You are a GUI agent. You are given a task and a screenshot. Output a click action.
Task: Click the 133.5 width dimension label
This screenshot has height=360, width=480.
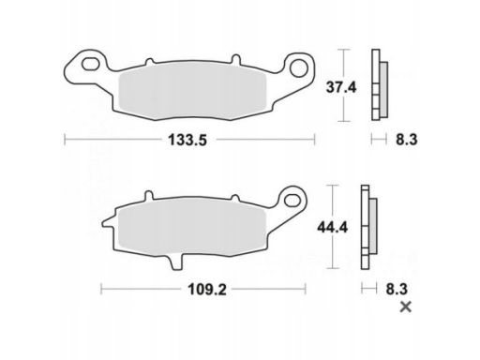click(187, 140)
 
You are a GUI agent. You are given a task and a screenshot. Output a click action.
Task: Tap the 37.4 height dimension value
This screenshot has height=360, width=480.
click(341, 87)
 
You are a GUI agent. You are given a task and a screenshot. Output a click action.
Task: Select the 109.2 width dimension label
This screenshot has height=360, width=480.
click(207, 290)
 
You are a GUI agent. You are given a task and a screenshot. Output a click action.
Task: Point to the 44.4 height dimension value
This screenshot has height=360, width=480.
click(332, 227)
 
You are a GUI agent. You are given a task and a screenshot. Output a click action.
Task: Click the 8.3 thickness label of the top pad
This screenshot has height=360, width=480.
click(407, 140)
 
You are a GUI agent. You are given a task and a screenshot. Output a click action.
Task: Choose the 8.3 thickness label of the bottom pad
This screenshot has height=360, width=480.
click(397, 289)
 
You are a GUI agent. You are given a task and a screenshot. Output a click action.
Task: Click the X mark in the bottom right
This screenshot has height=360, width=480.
click(406, 307)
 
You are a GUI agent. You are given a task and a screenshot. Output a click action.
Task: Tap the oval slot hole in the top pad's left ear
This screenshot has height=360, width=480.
click(90, 64)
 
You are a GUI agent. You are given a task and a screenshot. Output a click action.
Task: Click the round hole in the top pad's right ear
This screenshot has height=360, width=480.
click(299, 67)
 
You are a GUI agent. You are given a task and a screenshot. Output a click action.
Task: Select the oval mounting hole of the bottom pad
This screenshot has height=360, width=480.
click(292, 200)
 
